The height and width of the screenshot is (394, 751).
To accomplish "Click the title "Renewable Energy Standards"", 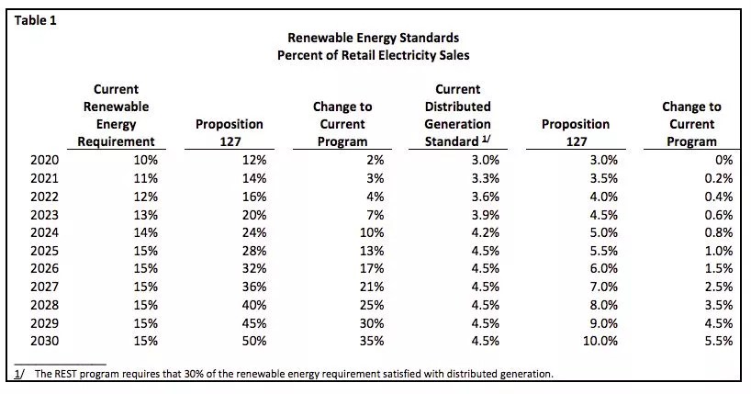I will [374, 39].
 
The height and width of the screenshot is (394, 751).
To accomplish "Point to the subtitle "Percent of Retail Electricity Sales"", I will [374, 55].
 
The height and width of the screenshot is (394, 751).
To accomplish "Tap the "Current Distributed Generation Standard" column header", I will [457, 116].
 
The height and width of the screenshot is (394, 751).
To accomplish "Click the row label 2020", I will [44, 160].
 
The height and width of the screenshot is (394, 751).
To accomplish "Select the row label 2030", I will [44, 340].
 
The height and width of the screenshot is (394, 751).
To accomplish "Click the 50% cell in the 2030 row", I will [254, 340].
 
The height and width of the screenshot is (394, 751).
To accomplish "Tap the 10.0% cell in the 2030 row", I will [600, 340].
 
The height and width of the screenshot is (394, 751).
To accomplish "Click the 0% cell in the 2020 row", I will [723, 160].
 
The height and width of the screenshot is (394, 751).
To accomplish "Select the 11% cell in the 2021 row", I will [145, 178].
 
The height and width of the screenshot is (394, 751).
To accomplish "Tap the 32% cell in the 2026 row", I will [254, 268].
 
